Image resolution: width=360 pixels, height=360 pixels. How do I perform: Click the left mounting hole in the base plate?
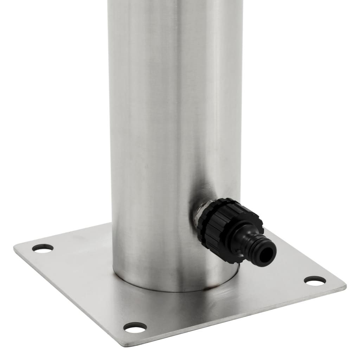pos(43,248)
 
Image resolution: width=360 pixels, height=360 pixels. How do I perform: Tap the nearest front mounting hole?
pos(135,327)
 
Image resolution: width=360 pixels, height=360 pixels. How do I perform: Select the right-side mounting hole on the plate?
pos(315,280)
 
